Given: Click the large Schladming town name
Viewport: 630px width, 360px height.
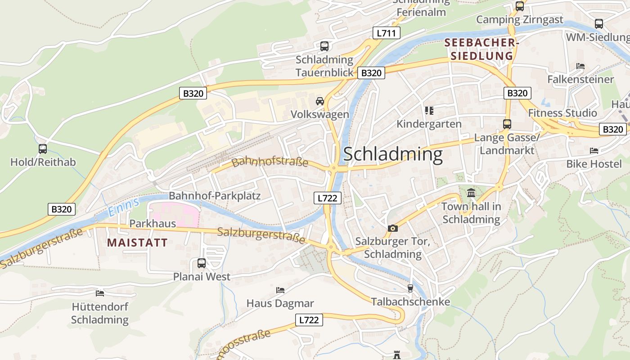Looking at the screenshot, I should point(392,154).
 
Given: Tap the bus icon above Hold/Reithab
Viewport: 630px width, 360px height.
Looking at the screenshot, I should point(43,148).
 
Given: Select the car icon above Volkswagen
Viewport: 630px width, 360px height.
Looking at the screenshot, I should point(319,101).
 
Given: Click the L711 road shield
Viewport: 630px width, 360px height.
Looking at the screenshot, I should point(386,33).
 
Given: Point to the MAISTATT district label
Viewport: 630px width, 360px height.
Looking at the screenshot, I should point(137,243).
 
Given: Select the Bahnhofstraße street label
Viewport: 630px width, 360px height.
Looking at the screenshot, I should point(270,162).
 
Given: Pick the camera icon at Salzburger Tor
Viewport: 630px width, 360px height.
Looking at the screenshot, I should point(392,228).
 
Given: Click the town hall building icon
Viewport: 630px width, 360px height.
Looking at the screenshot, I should point(471,193).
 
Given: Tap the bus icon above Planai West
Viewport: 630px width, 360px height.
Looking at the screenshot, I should point(201,263).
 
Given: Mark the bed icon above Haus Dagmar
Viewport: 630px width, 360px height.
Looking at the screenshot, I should point(280,290).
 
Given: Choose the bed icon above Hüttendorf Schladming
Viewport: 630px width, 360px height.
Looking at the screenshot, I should point(100,293).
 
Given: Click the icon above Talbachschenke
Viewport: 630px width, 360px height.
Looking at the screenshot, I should point(410,288).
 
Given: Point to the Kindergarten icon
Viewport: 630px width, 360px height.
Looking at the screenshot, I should point(429,110).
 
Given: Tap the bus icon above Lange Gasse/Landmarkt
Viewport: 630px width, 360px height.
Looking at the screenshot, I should point(507,124).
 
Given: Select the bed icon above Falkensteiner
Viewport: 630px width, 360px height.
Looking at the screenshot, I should point(580,66).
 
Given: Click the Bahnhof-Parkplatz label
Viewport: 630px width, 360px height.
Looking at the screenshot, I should point(215,196).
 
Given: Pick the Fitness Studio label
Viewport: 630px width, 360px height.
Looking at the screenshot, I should point(562,113).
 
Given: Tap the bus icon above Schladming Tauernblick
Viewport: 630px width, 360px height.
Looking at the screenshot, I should point(324,46).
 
